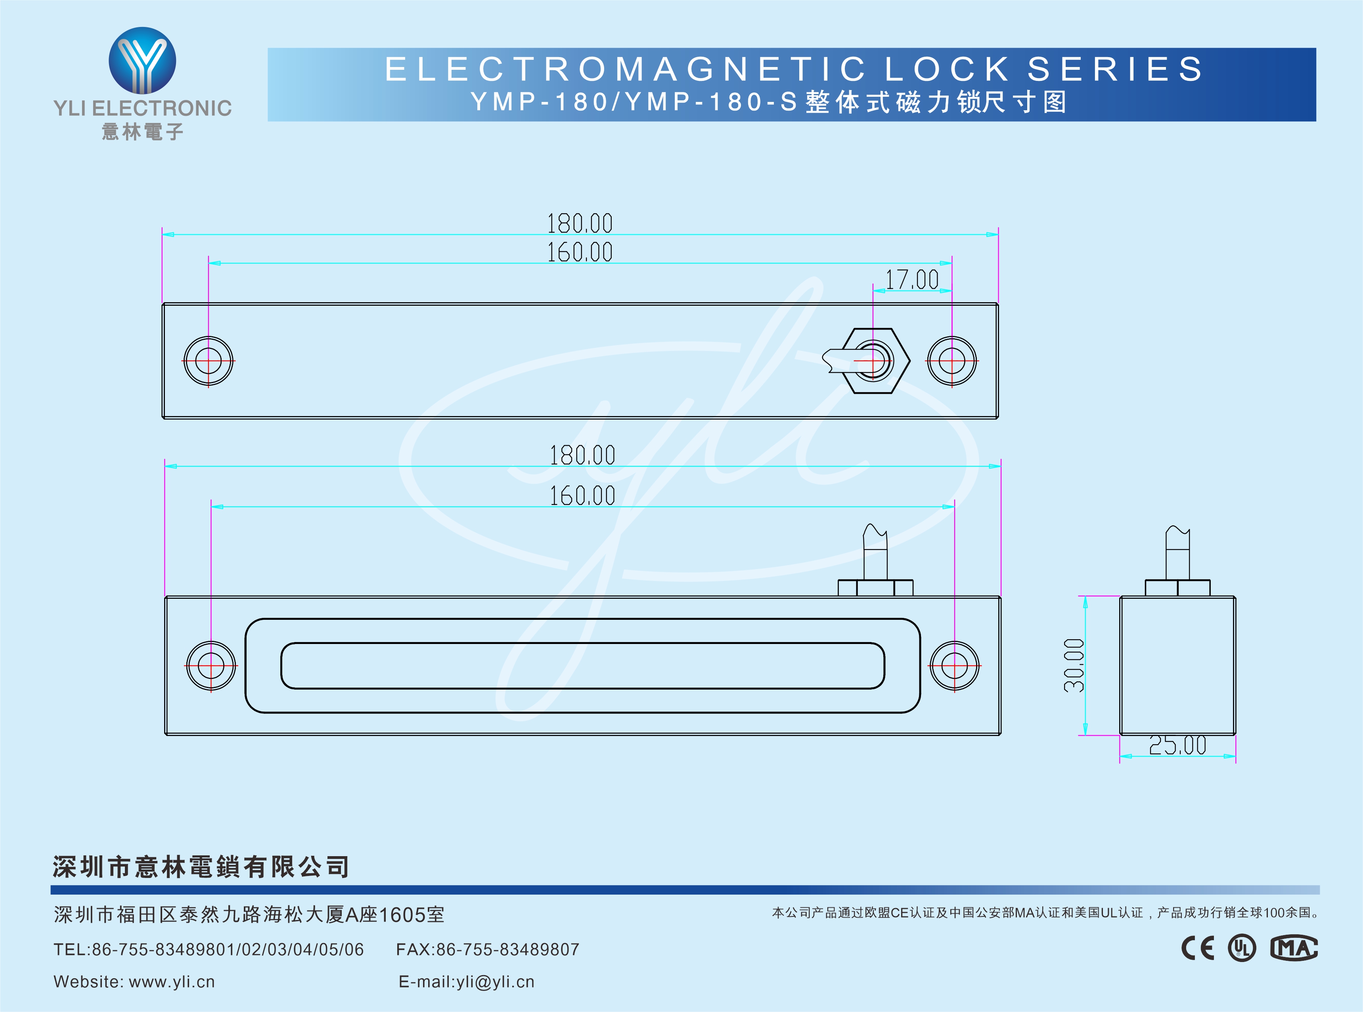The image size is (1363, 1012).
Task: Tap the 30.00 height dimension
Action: [x=1073, y=665]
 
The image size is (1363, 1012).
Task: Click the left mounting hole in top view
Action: [x=208, y=361]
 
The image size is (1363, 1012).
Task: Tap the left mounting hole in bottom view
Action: [x=211, y=665]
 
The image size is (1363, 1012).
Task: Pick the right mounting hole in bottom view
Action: [x=954, y=665]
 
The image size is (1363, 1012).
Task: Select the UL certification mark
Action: [x=1241, y=948]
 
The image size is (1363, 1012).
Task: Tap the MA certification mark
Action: [x=1293, y=948]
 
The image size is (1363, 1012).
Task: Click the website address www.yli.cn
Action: [x=172, y=982]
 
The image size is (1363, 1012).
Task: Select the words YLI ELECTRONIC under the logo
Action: [x=143, y=108]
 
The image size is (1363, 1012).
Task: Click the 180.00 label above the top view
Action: [x=579, y=224]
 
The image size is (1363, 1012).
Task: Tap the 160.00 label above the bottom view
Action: [x=582, y=496]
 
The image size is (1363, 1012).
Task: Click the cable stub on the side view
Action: [x=1177, y=551]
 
